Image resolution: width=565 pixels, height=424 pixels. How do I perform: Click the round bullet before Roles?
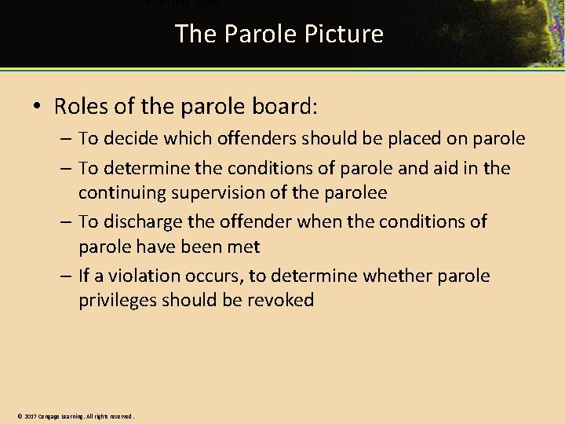(38, 107)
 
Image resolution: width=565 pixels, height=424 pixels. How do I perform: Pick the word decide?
(129, 139)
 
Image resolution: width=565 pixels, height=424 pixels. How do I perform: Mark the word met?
(244, 247)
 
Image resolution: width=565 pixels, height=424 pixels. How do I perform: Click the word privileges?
(117, 300)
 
